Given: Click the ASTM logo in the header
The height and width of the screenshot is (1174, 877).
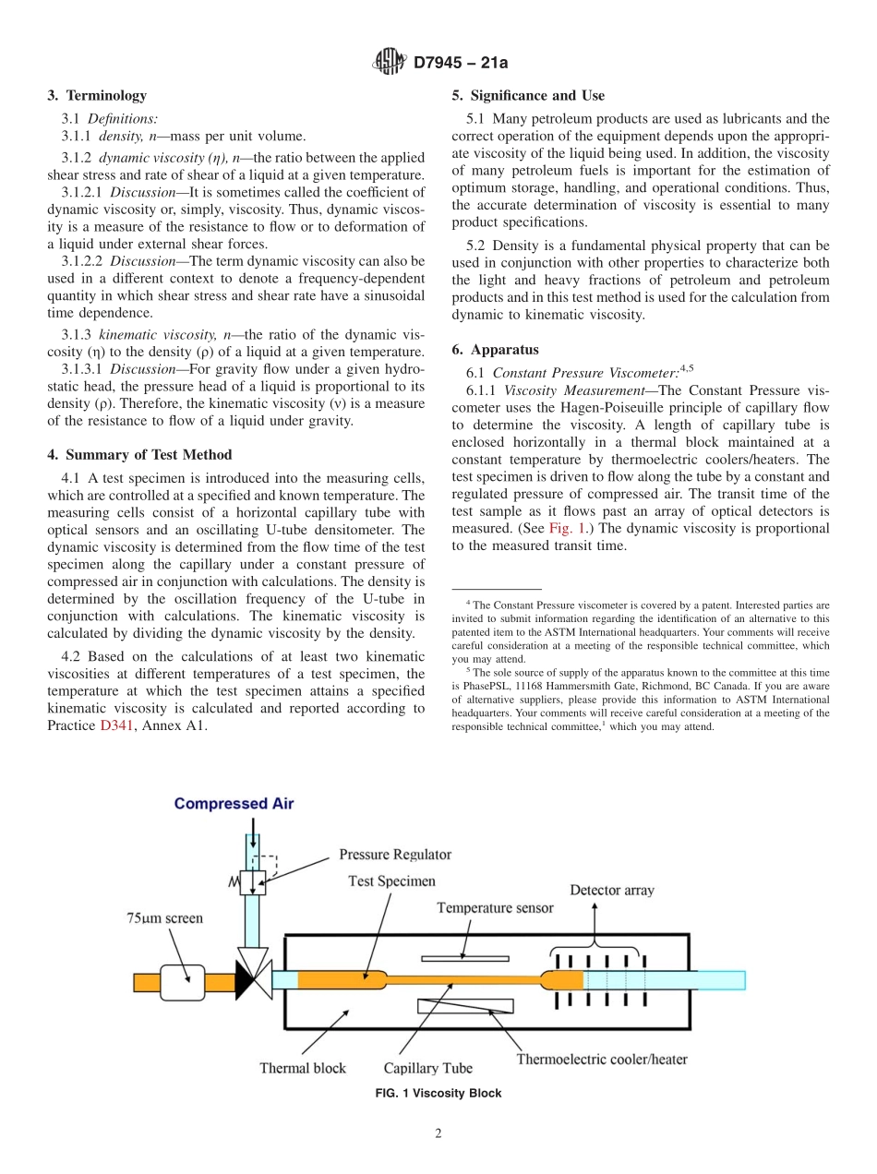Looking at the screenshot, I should click(x=388, y=63).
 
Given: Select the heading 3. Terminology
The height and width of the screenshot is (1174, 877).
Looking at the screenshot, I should click(x=97, y=95).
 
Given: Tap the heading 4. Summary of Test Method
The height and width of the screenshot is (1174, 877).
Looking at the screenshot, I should click(x=139, y=454).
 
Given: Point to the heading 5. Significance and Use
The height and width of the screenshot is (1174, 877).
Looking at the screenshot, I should click(x=528, y=95).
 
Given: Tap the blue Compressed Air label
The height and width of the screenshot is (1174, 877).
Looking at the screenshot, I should click(x=234, y=803).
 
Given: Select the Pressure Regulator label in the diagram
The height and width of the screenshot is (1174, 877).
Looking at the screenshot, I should click(x=395, y=855).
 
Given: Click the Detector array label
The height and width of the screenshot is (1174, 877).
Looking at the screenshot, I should click(x=611, y=890).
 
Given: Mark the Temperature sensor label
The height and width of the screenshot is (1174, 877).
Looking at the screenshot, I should click(x=495, y=907).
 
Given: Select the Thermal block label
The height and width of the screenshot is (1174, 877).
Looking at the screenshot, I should click(x=302, y=1068).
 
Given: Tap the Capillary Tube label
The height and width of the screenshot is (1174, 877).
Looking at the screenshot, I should click(x=427, y=1068).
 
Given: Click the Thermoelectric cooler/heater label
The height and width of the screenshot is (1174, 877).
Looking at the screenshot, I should click(x=601, y=1059).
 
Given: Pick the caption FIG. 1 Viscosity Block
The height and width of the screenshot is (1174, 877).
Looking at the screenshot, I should click(x=438, y=1093).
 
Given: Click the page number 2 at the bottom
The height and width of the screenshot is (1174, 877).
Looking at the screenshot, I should click(x=438, y=1134).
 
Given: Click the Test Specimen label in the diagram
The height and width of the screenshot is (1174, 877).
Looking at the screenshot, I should click(x=390, y=880).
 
